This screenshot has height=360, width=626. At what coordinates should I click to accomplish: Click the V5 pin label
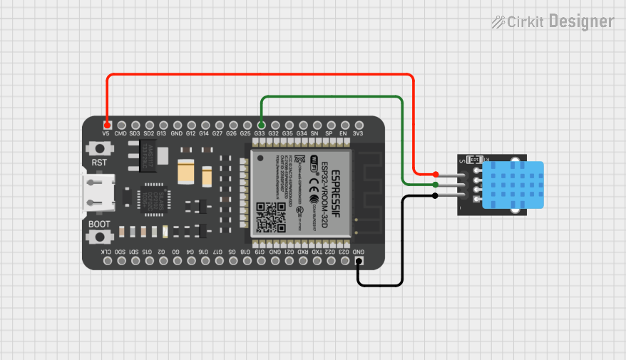pyautogui.click(x=106, y=133)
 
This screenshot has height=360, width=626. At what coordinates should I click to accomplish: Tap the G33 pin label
pyautogui.click(x=260, y=133)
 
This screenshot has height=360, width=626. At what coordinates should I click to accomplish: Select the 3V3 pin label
pyautogui.click(x=358, y=133)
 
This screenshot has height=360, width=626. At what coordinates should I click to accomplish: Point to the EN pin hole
pyautogui.click(x=344, y=124)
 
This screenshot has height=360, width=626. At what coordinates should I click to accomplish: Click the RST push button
pyautogui.click(x=100, y=149)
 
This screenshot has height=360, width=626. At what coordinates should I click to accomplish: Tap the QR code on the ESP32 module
pyautogui.click(x=270, y=217)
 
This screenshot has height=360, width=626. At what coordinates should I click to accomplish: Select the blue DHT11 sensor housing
pyautogui.click(x=513, y=185)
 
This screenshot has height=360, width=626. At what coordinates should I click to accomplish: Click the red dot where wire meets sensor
pyautogui.click(x=436, y=175)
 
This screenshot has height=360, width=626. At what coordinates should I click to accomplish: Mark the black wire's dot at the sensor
pyautogui.click(x=435, y=195)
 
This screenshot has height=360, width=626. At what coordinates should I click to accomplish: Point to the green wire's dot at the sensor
pyautogui.click(x=436, y=185)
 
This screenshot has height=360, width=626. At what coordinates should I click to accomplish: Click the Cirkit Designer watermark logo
pyautogui.click(x=553, y=22)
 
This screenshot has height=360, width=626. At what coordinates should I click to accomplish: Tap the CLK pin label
pyautogui.click(x=106, y=252)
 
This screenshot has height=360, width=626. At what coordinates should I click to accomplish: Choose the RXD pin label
pyautogui.click(x=302, y=252)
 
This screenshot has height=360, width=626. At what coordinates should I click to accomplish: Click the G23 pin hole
pyautogui.click(x=344, y=262)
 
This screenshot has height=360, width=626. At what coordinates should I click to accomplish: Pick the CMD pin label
pyautogui.click(x=120, y=133)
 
